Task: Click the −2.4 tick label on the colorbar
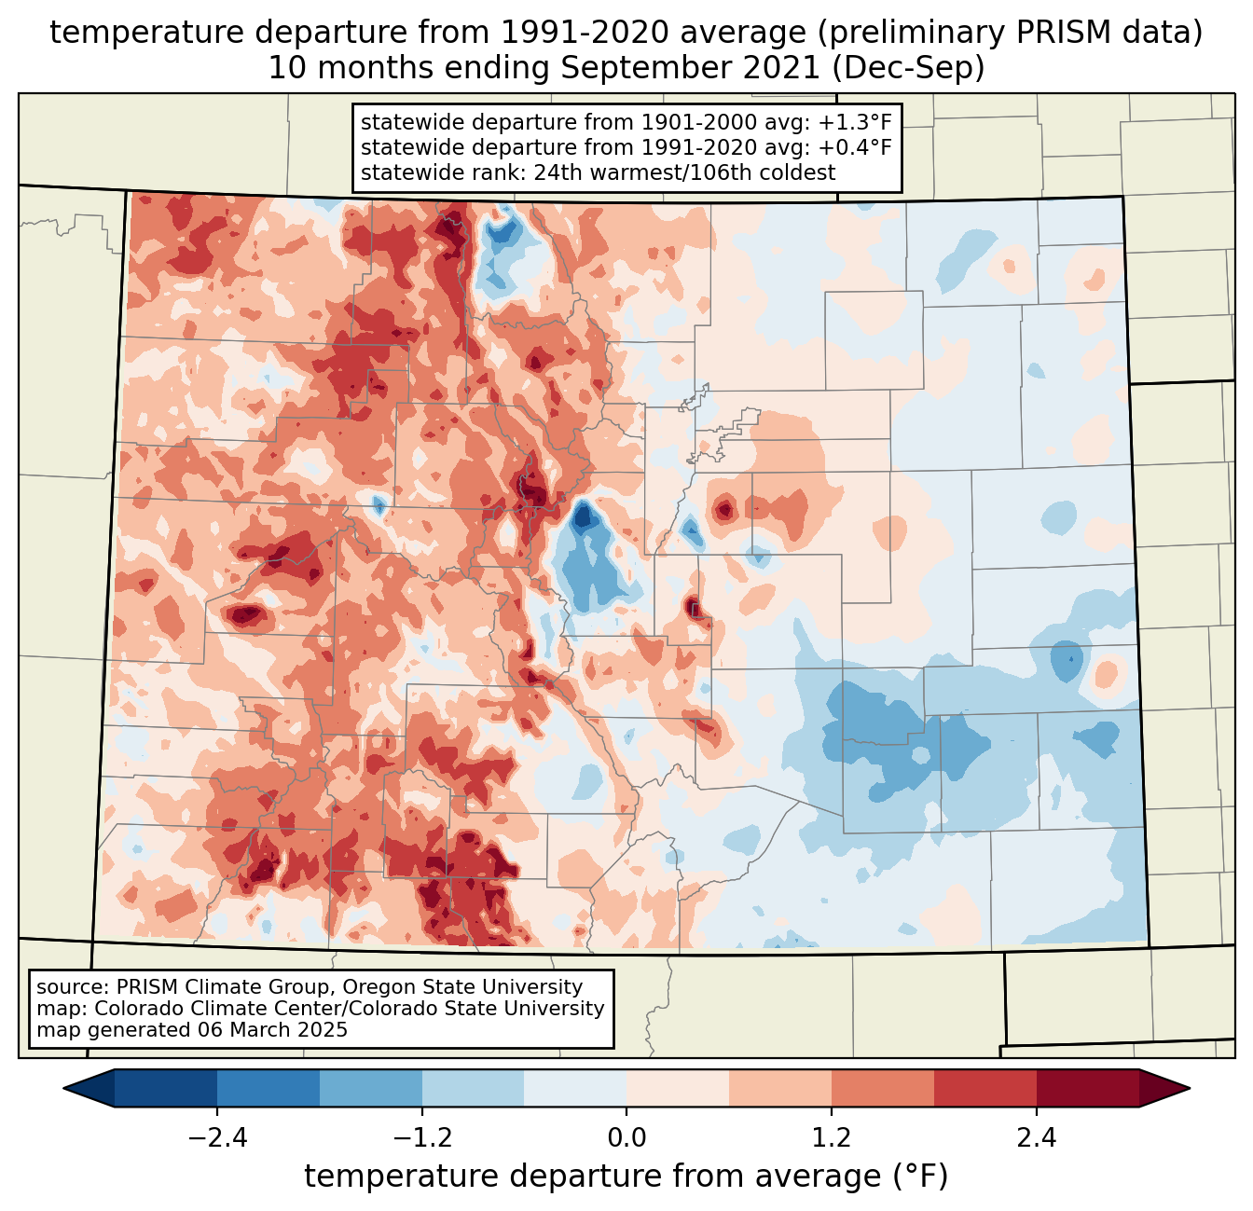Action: coord(217,1138)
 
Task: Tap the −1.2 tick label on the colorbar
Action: coord(422,1138)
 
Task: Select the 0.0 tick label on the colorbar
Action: coord(626,1138)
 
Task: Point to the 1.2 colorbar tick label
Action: coord(832,1138)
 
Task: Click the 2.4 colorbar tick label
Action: coord(1036,1138)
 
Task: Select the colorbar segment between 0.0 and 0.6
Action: coord(678,1088)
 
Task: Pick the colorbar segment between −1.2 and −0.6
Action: coord(473,1088)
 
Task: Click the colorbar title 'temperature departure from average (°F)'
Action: coord(626,1177)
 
